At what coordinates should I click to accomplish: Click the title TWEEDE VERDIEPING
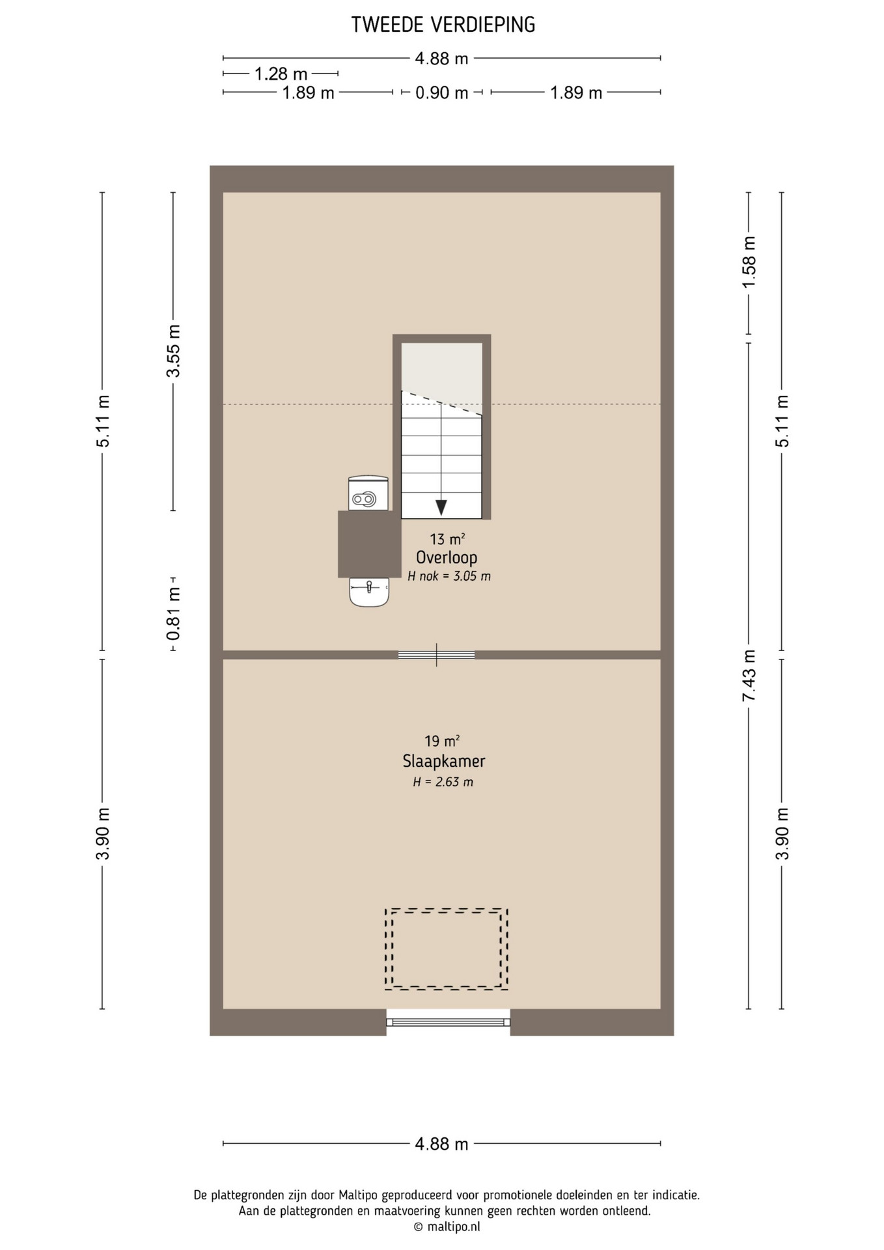(443, 25)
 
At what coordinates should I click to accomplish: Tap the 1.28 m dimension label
(281, 74)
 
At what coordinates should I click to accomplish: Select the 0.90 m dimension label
(442, 93)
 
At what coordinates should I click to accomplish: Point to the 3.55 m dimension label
(173, 351)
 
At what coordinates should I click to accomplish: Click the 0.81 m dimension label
(173, 613)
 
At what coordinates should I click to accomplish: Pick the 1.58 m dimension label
(749, 262)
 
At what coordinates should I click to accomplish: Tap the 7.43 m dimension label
(749, 676)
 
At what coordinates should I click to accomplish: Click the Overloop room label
(447, 558)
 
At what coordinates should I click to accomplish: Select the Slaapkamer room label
(444, 761)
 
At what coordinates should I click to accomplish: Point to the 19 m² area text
(443, 741)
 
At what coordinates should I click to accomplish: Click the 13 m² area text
(447, 539)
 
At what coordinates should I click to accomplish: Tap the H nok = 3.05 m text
(449, 576)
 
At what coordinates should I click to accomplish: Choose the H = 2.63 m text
(443, 782)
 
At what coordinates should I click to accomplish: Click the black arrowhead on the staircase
(441, 508)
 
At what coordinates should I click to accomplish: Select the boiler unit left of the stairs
(368, 493)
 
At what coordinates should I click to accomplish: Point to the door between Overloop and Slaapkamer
(437, 655)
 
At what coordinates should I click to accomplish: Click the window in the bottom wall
(449, 1022)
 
